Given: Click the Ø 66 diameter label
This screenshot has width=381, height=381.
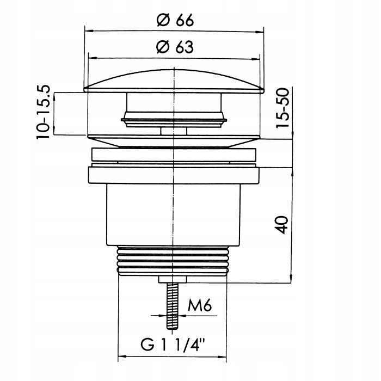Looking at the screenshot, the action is pos(175,20).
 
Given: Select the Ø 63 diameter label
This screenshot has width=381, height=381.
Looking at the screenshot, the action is pos(175,47).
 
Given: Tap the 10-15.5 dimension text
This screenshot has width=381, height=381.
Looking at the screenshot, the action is pos(43,112).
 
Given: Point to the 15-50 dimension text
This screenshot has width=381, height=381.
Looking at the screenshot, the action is pos(283,108).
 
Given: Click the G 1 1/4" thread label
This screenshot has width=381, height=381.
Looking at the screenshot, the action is pos(173,345).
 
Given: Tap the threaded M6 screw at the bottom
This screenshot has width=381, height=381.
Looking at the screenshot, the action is pos(173,306).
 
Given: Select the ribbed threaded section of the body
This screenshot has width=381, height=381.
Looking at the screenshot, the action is pos(173,261).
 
